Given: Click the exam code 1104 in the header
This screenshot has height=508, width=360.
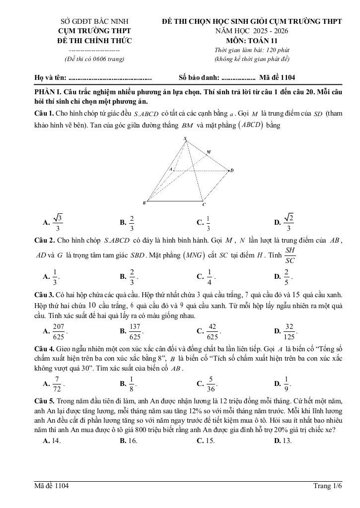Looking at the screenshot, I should (288, 77).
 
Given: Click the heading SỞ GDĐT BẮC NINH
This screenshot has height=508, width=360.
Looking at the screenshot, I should (94, 22).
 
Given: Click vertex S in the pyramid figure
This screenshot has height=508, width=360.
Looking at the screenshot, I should (185, 138).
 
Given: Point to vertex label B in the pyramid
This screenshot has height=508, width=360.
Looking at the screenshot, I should (144, 202).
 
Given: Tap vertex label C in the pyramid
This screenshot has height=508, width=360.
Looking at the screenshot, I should (204, 204).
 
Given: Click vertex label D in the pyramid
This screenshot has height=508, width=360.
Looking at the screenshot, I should (231, 171).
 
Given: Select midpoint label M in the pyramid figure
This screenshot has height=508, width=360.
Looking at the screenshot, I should (209, 152).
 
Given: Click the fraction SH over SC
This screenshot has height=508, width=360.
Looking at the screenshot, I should (291, 255).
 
